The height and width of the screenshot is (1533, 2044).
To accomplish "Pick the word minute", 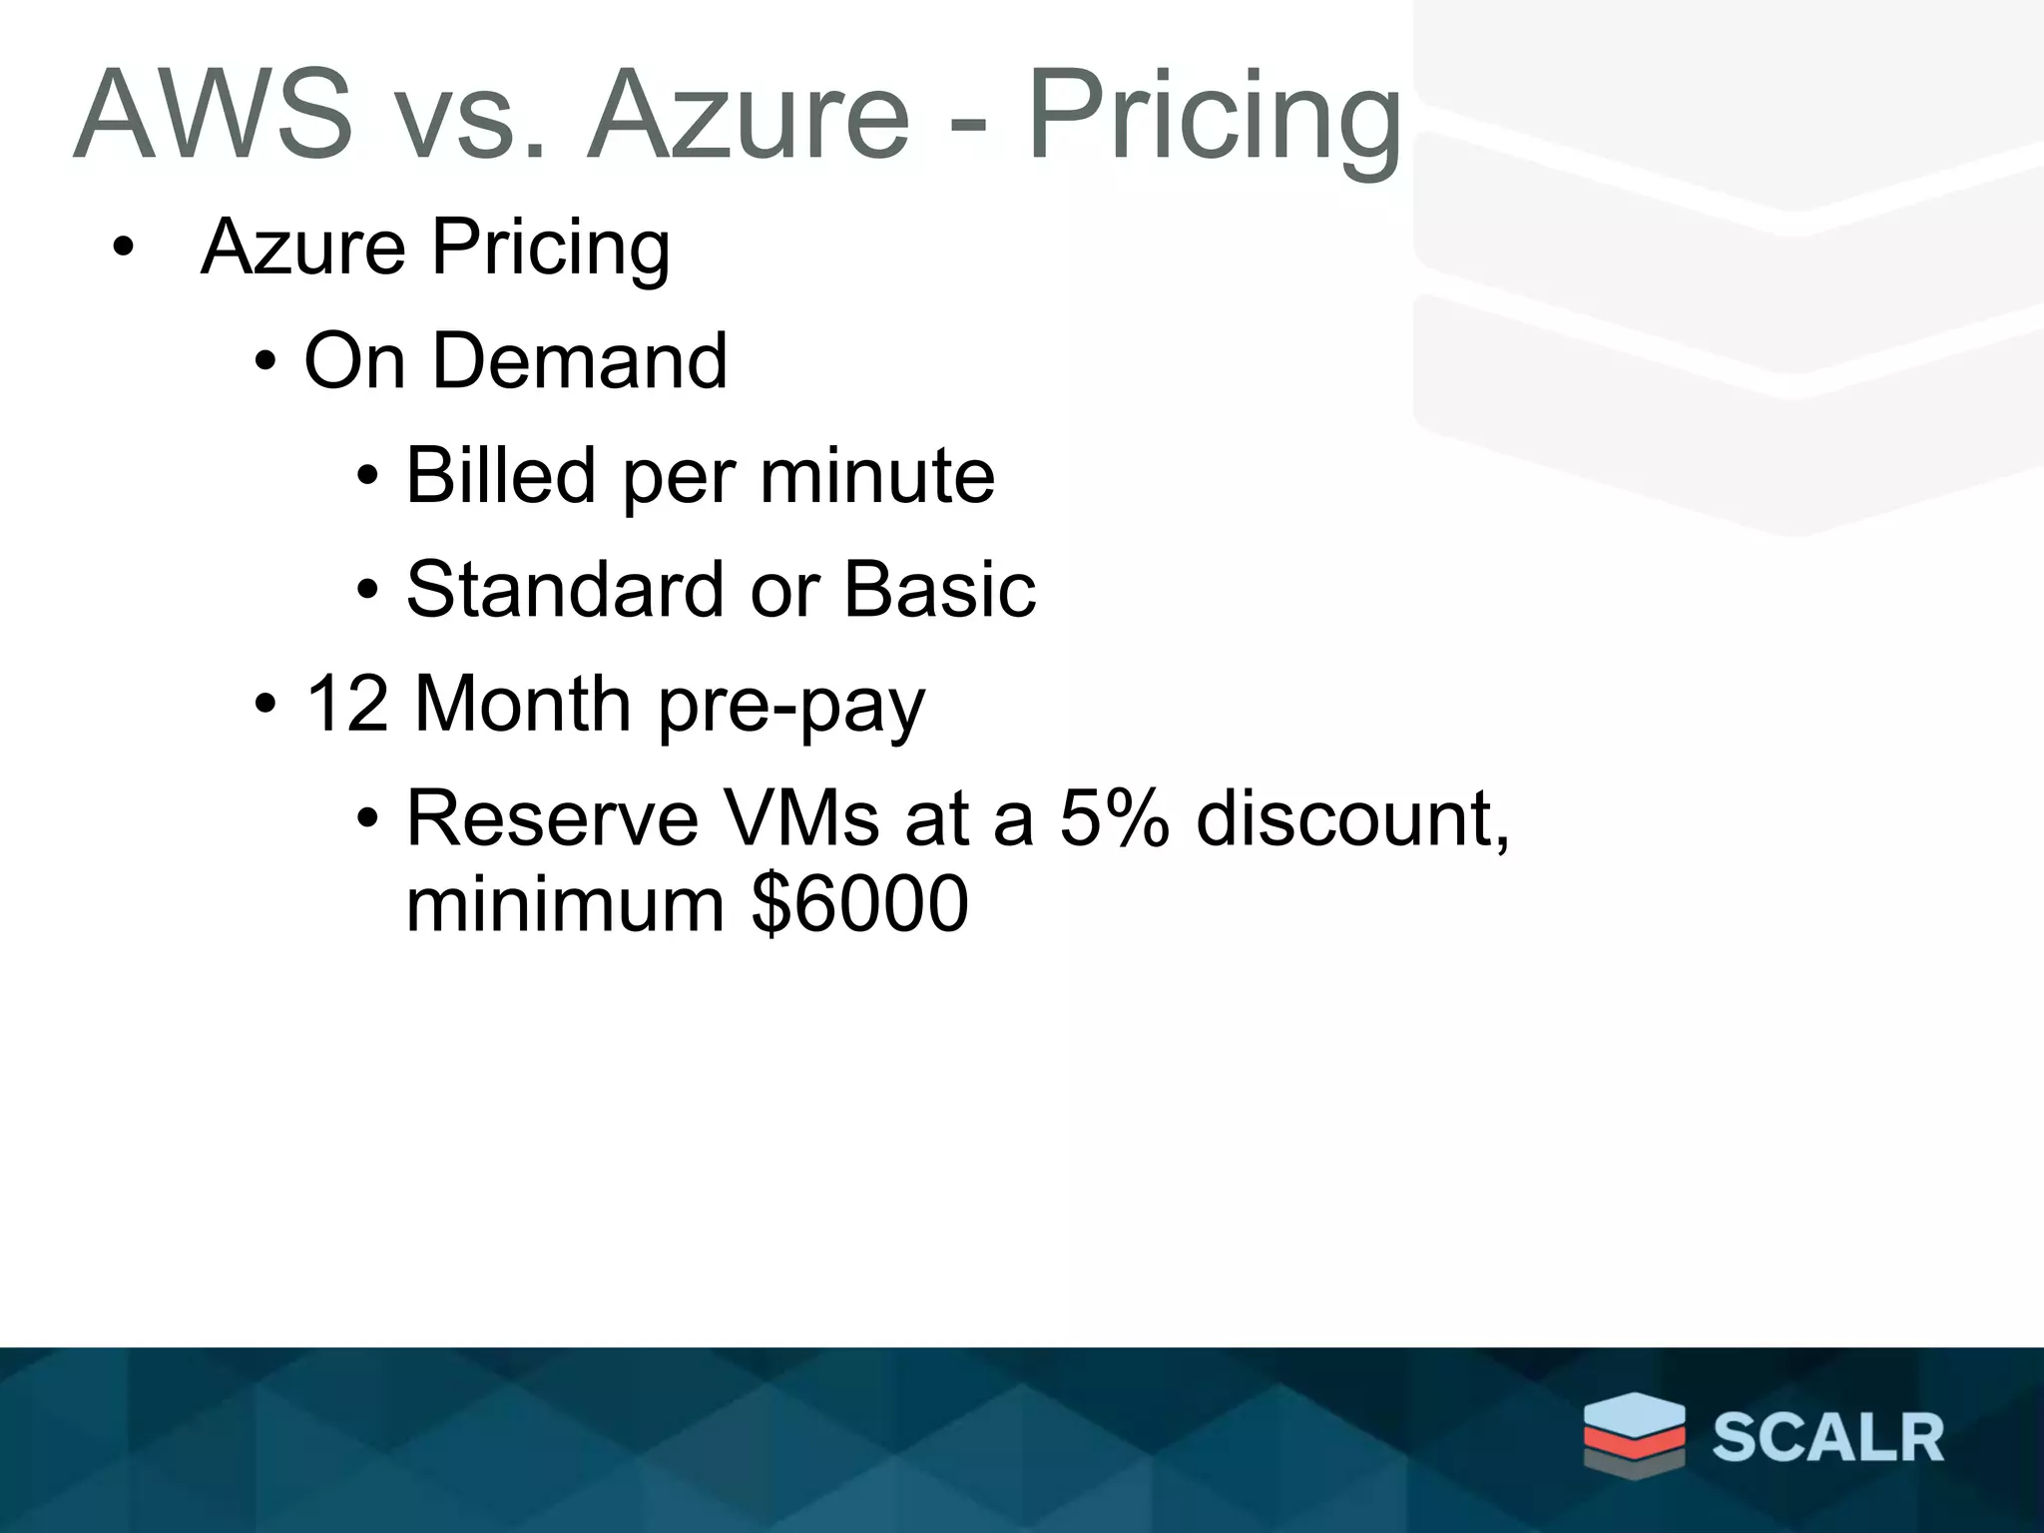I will click(877, 475).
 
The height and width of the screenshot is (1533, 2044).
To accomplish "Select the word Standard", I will click(565, 589).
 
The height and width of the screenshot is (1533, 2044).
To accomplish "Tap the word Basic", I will click(939, 589).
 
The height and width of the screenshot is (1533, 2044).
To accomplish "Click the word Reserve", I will click(552, 818).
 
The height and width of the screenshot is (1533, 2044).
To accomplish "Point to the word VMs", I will click(802, 818).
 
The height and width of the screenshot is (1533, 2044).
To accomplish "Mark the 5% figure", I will click(1113, 818).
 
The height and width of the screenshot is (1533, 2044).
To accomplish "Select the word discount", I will click(1350, 818).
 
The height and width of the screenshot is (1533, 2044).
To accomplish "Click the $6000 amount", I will click(859, 904).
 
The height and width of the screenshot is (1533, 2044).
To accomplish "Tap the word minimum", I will click(565, 904).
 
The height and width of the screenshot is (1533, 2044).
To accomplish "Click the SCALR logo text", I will click(1827, 1438).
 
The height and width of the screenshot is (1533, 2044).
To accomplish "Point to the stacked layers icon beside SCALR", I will click(1634, 1433).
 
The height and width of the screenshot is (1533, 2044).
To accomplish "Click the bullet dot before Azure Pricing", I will click(122, 248).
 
